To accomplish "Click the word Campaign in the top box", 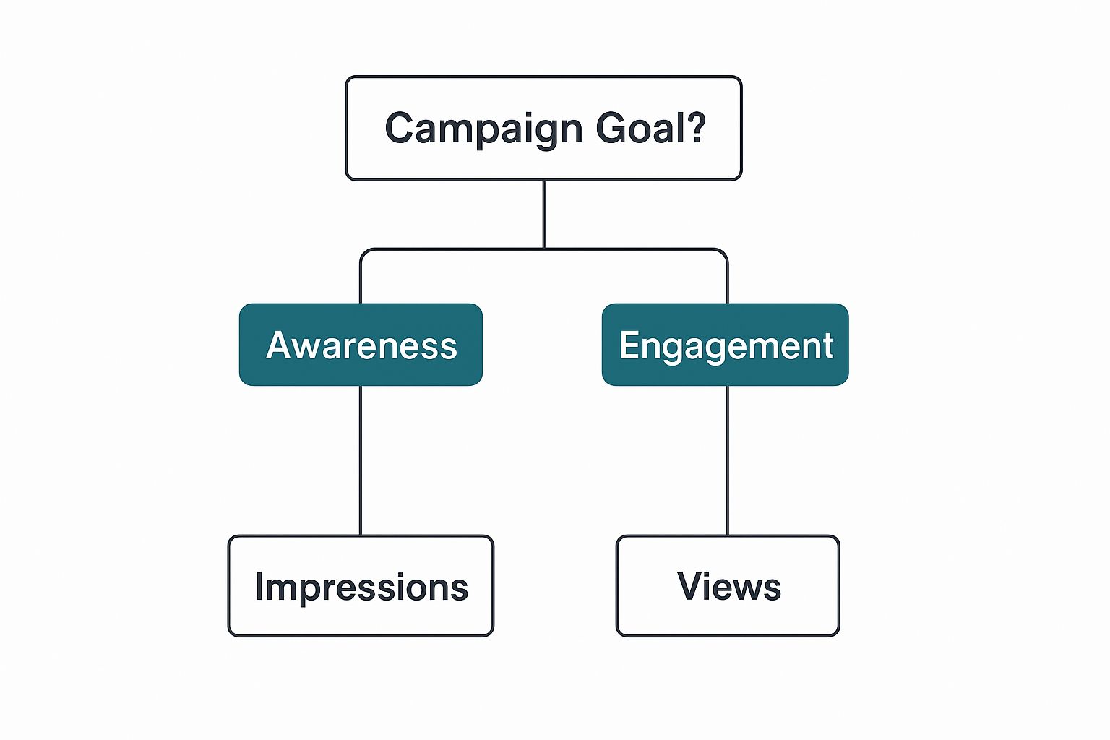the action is coord(483,130).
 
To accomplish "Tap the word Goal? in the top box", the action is coord(650,127).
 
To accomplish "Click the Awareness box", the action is coord(361,345).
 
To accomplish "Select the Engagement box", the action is coord(725,345).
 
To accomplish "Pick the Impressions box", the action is coord(361,585).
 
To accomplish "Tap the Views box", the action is coord(728,585).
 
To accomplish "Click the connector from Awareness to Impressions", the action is coord(361,460).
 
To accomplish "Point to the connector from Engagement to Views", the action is coord(728,460).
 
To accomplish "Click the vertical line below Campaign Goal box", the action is coord(543,214).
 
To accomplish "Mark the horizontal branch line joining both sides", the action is coord(543,249).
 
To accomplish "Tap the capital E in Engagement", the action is coord(629,345).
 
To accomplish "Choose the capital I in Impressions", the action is coord(259,586).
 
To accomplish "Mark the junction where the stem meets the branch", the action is coord(543,249).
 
